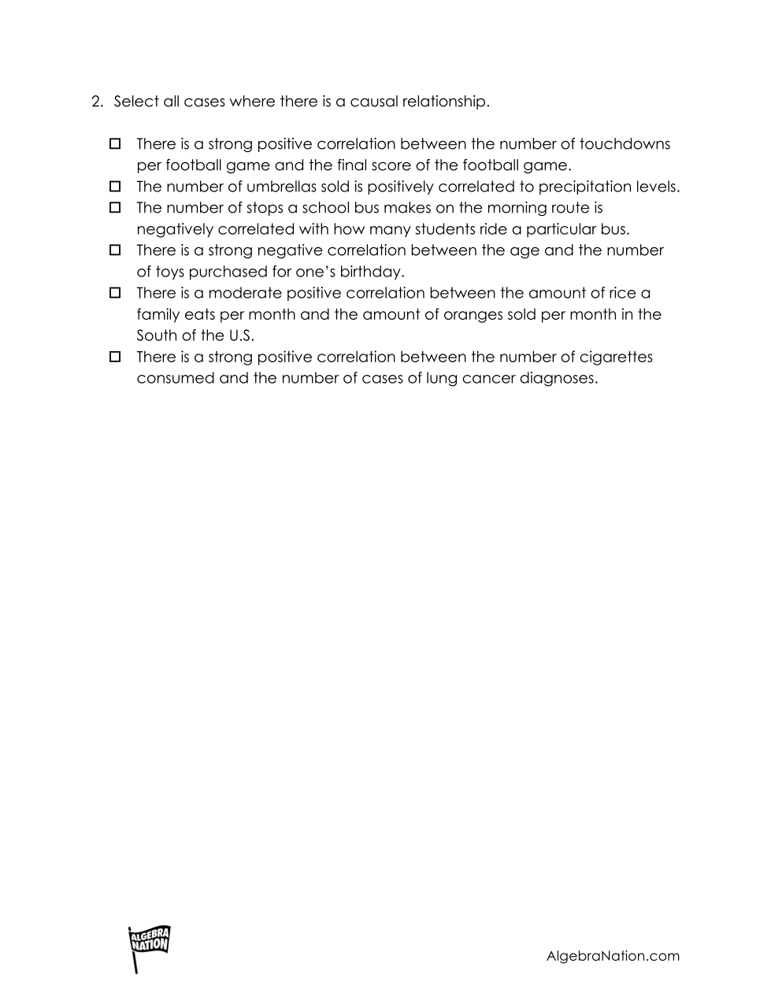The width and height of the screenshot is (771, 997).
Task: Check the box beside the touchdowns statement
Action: click(115, 144)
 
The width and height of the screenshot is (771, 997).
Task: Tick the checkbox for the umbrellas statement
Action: click(115, 187)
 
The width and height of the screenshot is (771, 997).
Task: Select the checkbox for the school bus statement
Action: click(115, 208)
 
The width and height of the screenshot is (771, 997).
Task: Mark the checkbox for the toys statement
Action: click(115, 250)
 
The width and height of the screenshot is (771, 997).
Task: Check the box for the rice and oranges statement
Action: click(115, 293)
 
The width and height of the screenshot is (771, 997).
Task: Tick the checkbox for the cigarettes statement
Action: click(115, 357)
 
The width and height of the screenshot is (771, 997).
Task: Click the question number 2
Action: click(97, 102)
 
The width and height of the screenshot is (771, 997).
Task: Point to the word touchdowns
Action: click(625, 144)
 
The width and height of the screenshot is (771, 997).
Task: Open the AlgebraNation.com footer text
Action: click(613, 956)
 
